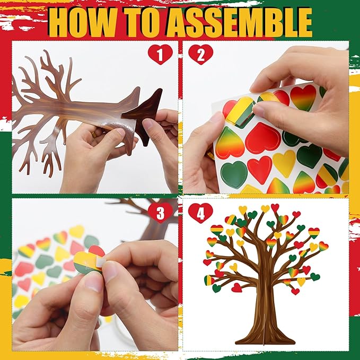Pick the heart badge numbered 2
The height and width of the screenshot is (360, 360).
[x=200, y=54]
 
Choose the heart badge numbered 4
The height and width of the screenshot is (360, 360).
[x=200, y=212]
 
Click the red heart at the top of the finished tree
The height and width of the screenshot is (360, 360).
[x=275, y=207]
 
